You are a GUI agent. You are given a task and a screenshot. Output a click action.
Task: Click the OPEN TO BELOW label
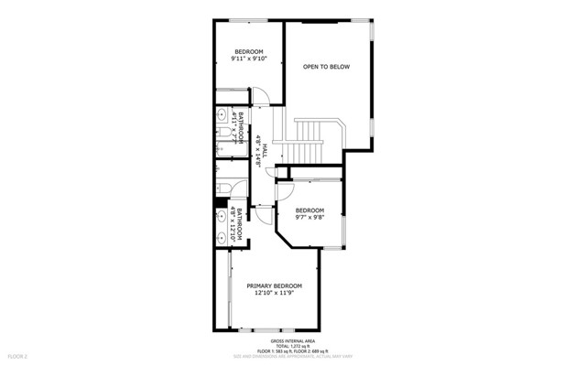[326, 66]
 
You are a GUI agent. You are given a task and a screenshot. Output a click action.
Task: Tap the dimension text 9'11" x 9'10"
[249, 59]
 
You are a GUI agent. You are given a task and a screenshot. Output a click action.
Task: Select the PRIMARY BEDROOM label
[275, 285]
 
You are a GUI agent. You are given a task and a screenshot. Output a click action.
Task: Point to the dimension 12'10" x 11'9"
[275, 294]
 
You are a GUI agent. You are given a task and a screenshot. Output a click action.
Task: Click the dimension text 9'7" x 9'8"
[309, 219]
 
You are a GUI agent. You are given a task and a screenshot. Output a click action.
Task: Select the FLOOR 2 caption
[18, 355]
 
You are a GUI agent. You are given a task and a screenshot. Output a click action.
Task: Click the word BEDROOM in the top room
[249, 51]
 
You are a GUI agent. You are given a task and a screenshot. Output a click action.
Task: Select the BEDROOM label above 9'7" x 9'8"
[309, 210]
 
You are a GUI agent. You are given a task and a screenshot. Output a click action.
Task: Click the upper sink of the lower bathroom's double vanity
[222, 217]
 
